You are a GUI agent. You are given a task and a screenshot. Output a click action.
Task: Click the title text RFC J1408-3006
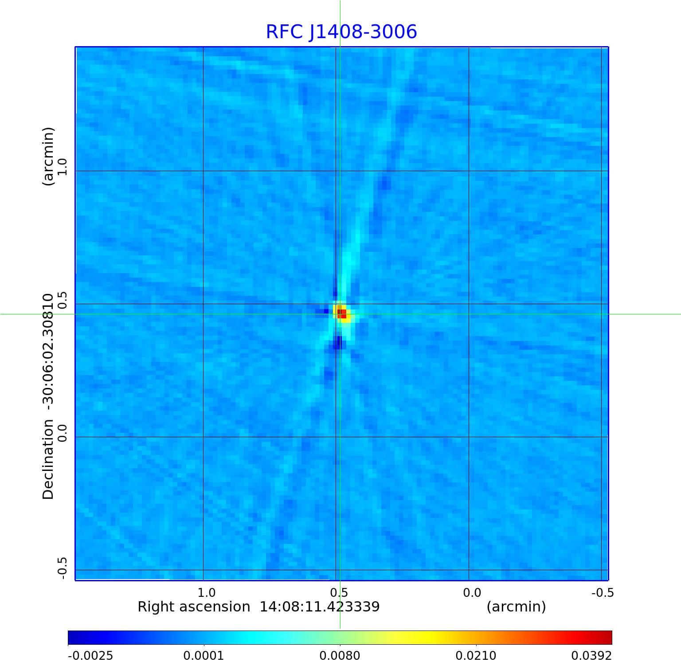tap(341, 32)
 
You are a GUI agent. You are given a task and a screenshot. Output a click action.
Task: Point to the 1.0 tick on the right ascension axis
tap(206, 592)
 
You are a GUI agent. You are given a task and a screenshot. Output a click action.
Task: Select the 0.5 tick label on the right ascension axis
tap(339, 592)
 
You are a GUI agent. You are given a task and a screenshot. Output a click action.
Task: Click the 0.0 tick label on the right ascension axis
tap(472, 592)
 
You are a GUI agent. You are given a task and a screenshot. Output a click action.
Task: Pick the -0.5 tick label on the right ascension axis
tap(603, 592)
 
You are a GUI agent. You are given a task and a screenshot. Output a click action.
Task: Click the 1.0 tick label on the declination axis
tap(62, 167)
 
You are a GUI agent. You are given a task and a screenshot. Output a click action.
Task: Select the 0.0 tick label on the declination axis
tap(62, 433)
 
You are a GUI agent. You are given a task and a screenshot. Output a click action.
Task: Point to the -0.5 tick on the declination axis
tap(62, 568)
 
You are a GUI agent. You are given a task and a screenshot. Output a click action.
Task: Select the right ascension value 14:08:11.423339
tap(319, 607)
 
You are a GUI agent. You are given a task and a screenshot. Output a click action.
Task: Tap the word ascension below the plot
tap(217, 607)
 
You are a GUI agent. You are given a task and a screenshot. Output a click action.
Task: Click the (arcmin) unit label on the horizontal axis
tap(516, 607)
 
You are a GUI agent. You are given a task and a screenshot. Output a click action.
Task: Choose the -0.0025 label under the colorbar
tap(90, 655)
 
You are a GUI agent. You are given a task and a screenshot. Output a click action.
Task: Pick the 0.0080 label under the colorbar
tap(340, 655)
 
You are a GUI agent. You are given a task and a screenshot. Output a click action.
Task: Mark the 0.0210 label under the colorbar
tap(476, 655)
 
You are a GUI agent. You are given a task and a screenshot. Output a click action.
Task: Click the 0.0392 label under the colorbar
tap(591, 655)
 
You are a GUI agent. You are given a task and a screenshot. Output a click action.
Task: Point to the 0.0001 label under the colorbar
tap(204, 655)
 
